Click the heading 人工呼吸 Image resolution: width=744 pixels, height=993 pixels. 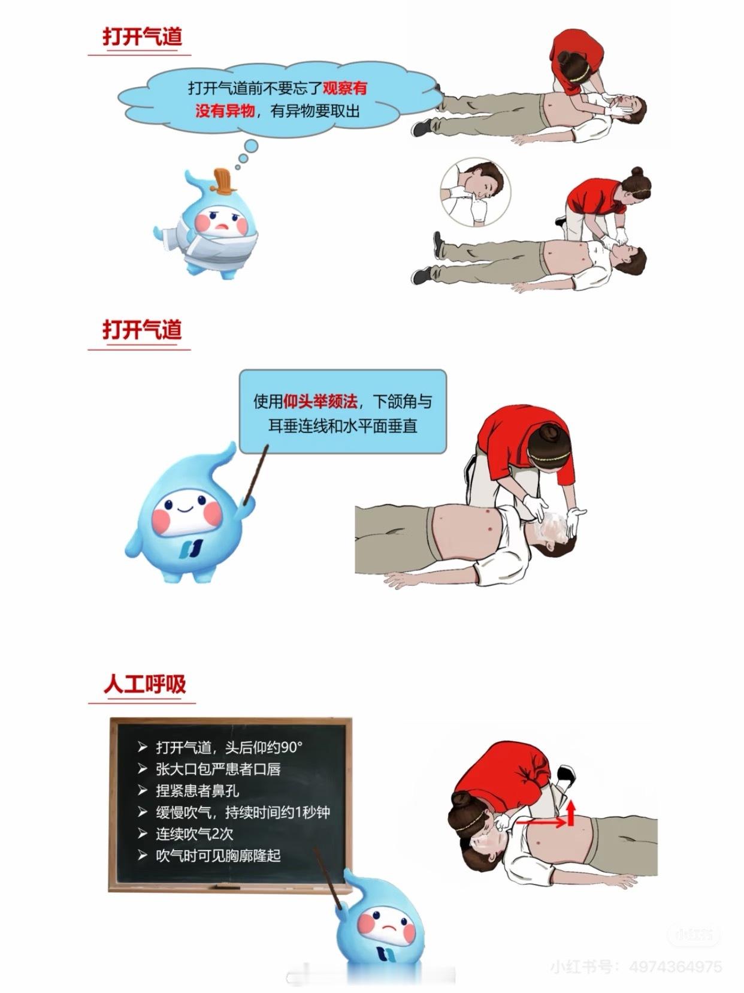(144, 684)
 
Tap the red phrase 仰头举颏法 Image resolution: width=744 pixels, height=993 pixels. (320, 401)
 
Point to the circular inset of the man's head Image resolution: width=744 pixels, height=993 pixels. (476, 192)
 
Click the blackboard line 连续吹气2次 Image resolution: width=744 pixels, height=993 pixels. (195, 833)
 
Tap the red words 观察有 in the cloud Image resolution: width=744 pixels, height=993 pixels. (344, 88)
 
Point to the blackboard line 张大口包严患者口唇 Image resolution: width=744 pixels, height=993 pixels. (219, 769)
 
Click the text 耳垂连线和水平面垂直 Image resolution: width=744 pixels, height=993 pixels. (343, 426)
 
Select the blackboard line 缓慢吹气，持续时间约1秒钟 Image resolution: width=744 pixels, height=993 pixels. (243, 812)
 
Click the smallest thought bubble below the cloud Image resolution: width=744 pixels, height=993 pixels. (238, 167)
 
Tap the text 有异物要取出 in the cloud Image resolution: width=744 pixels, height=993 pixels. (315, 110)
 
